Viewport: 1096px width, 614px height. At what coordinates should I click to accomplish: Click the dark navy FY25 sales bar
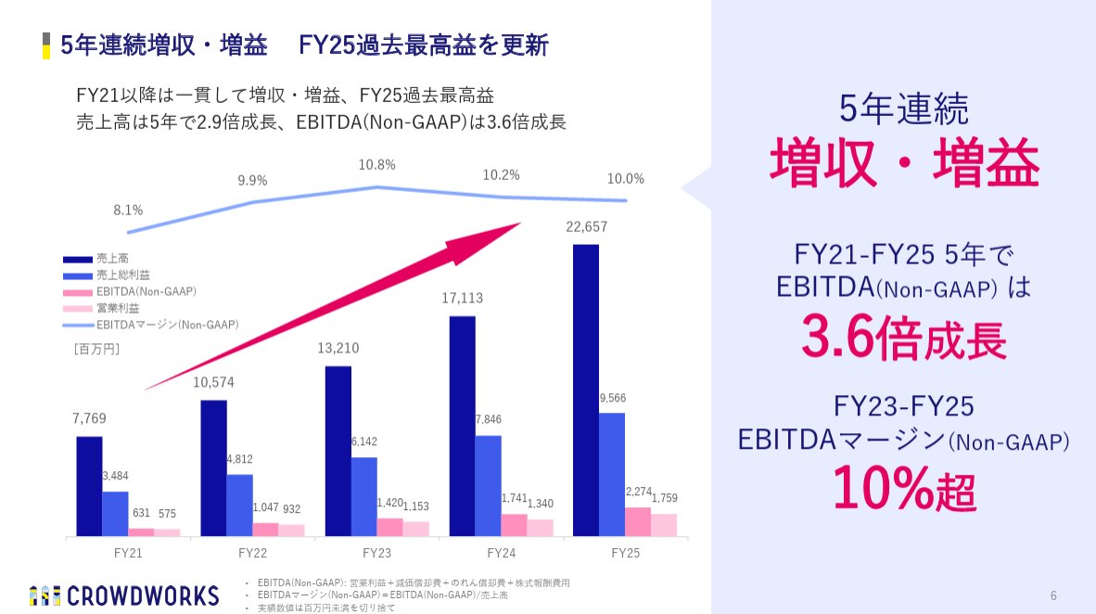(586, 390)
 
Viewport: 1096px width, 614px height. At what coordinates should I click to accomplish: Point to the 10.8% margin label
(376, 165)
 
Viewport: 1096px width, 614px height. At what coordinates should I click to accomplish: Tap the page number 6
(1053, 595)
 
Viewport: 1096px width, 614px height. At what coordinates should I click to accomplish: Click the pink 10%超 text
(904, 487)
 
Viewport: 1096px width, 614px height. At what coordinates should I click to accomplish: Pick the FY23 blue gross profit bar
(363, 496)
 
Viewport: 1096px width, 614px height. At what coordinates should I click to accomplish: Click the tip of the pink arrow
(519, 224)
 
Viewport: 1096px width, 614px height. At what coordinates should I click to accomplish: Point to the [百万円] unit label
(96, 350)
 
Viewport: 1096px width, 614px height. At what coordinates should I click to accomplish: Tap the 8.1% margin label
(128, 211)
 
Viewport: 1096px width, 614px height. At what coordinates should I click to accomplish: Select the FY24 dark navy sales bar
(462, 426)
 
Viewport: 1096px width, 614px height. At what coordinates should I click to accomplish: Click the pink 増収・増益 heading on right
(904, 164)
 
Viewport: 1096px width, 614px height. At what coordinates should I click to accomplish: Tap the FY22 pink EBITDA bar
(265, 529)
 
